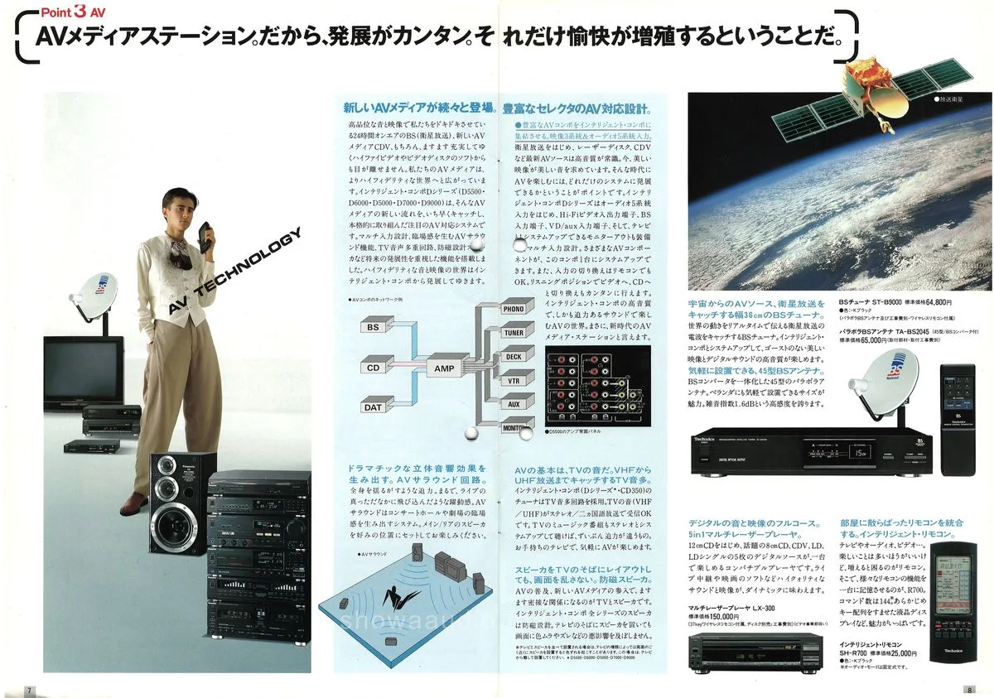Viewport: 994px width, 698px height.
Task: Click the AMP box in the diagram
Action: click(440, 367)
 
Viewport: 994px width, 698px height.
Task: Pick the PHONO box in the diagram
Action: click(514, 309)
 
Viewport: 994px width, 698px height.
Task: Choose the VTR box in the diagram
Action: click(514, 380)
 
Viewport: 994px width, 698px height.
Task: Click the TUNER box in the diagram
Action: click(514, 332)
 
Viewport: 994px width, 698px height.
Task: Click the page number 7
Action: click(29, 690)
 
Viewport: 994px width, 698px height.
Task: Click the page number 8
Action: click(967, 690)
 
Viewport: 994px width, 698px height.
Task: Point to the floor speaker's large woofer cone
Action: click(171, 521)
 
